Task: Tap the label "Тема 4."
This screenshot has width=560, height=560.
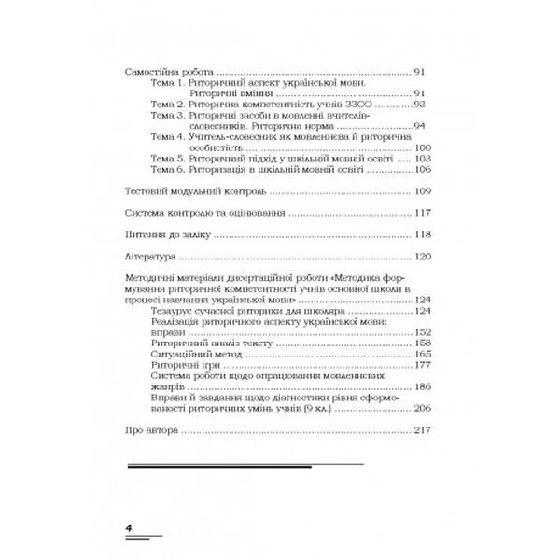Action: click(x=168, y=136)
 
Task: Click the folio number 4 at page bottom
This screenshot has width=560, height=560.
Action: click(x=130, y=530)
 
